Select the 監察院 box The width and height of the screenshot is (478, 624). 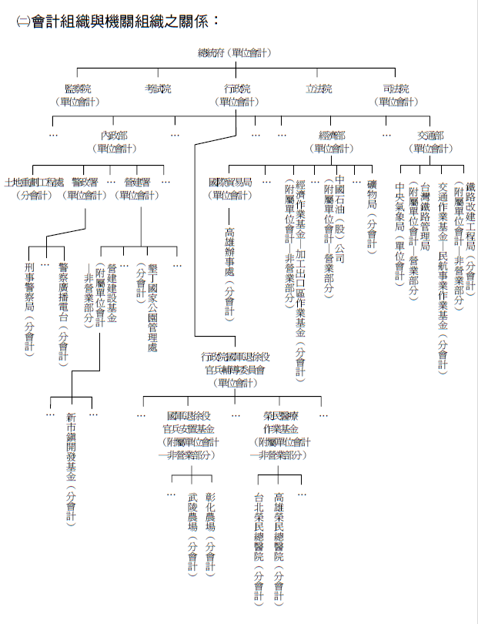pos(78,89)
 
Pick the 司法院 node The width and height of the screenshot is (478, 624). pos(396,89)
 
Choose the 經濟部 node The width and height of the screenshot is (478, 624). pos(332,136)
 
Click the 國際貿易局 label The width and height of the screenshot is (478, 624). pos(230,183)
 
